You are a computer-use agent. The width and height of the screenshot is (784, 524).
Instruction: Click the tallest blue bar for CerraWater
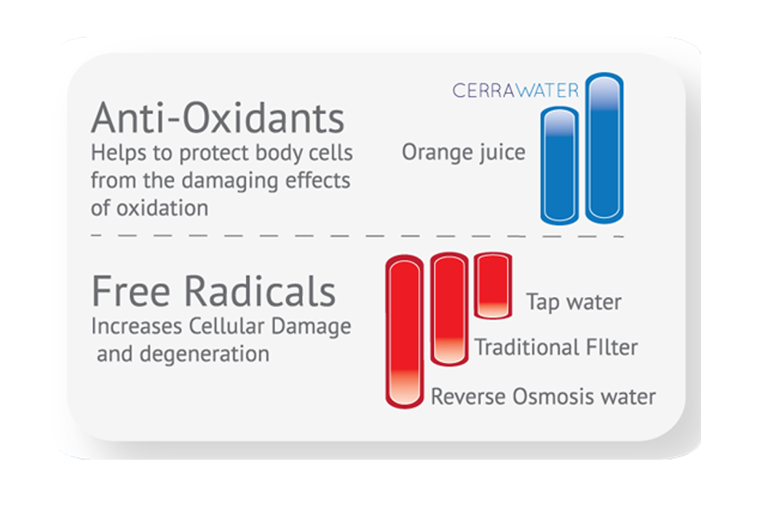(x=604, y=148)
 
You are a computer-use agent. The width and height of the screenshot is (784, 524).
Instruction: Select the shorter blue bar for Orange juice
(x=560, y=165)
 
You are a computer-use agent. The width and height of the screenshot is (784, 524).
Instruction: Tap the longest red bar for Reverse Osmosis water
(x=405, y=331)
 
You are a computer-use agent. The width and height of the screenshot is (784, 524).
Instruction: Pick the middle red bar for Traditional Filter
(x=449, y=309)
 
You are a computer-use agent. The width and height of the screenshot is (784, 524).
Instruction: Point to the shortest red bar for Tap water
(x=493, y=285)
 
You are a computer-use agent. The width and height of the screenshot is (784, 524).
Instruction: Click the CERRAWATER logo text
(x=515, y=90)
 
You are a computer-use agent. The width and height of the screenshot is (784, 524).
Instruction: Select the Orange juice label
(x=464, y=152)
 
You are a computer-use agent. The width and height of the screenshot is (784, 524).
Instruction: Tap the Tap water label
(x=574, y=302)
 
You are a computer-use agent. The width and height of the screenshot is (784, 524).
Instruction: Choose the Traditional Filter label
(x=556, y=347)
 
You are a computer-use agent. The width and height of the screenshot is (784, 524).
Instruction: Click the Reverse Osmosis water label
(x=544, y=397)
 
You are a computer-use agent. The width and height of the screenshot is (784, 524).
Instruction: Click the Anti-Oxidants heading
(x=218, y=118)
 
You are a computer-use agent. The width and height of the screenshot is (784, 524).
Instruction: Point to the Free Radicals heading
(x=214, y=291)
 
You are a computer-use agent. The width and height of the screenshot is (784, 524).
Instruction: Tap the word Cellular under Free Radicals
(x=226, y=326)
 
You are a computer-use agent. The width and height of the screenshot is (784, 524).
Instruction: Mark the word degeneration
(x=205, y=354)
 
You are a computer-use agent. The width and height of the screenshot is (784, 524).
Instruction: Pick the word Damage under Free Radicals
(x=311, y=327)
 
